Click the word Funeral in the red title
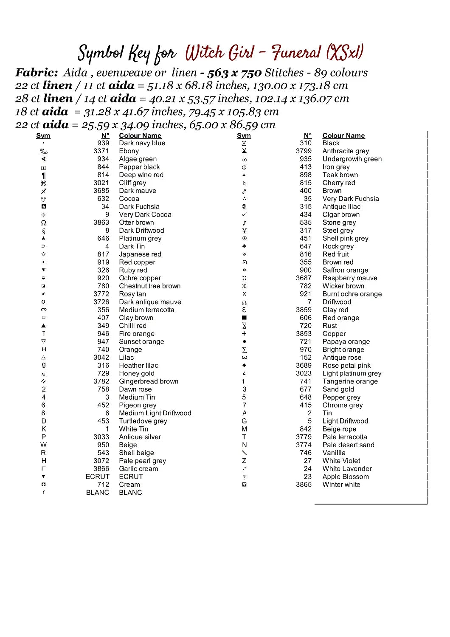coord(296,53)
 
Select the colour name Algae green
coord(138,159)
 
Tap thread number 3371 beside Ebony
coord(101,151)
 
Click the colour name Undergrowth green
coord(352,159)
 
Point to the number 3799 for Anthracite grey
coord(304,151)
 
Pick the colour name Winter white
coord(341,485)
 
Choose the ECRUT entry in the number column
coord(98,476)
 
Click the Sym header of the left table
coord(43,135)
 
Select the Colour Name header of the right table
coord(343,135)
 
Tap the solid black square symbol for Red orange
coord(244,318)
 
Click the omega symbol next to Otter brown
coord(43,223)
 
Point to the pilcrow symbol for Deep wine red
coord(43,175)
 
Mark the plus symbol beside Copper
coord(244,334)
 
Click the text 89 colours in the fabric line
coord(341,73)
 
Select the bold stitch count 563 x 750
coord(234,73)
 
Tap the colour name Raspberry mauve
coord(350,278)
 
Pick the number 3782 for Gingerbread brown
coord(101,381)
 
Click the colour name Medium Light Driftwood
coord(155,413)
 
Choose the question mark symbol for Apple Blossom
coord(244,477)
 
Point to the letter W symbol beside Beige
coord(43,445)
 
